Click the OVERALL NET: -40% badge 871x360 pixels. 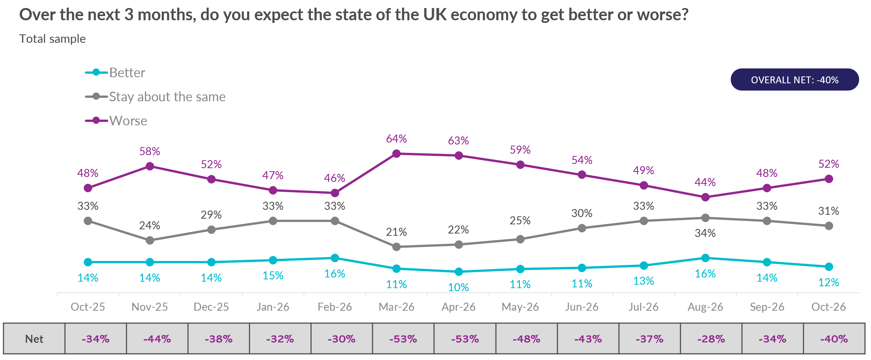795,79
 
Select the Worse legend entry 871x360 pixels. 116,121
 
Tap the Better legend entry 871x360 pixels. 115,73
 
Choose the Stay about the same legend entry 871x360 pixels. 155,97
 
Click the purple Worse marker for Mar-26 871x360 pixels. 396,154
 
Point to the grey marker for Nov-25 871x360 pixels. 150,240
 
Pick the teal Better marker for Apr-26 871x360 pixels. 459,272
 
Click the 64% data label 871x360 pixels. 396,139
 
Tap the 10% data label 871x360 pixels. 458,287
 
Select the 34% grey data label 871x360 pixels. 705,233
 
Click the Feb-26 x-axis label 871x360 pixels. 335,307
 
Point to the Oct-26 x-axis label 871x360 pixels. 829,307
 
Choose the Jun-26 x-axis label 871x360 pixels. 582,307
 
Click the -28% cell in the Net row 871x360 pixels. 711,339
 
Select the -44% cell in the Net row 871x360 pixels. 157,339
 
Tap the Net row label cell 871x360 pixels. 34,339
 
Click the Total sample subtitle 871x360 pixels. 53,39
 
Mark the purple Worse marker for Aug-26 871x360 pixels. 705,197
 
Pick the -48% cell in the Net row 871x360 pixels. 526,339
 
